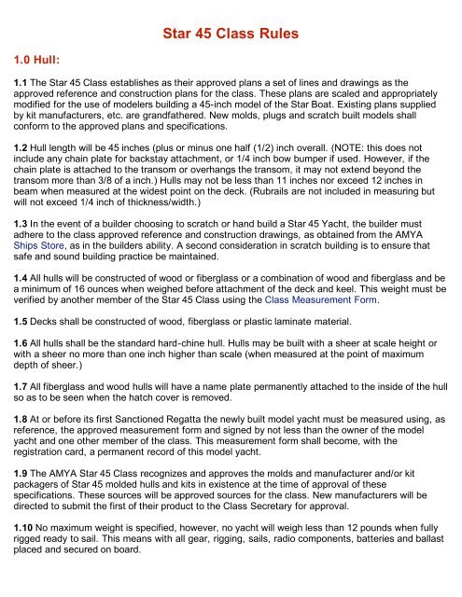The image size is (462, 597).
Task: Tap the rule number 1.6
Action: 18,373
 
